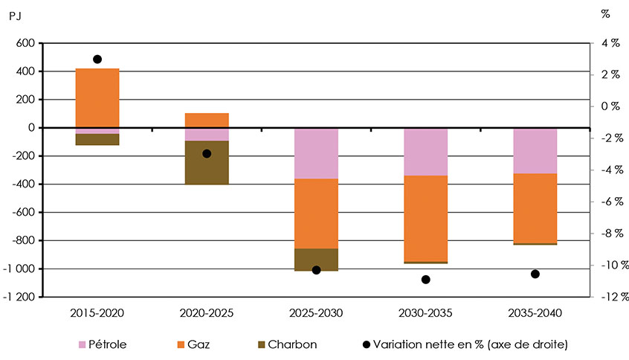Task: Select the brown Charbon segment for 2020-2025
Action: click(207, 162)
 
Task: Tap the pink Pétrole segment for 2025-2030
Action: click(316, 153)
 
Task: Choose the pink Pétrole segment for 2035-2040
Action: click(535, 151)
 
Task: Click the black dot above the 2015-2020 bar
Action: click(97, 59)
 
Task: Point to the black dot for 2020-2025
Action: click(207, 153)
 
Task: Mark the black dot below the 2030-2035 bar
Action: click(425, 280)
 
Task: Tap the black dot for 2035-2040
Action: click(535, 274)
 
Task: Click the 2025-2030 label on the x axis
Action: click(316, 313)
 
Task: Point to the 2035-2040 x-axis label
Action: click(535, 313)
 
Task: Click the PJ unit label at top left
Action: click(16, 13)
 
